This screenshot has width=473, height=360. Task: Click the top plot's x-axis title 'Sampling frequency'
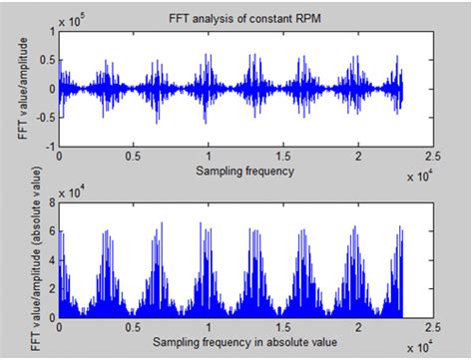click(x=245, y=171)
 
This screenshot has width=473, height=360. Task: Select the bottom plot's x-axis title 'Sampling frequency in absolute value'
click(x=245, y=342)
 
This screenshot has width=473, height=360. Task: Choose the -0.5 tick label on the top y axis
click(x=44, y=117)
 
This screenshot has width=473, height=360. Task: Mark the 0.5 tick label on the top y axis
click(x=46, y=60)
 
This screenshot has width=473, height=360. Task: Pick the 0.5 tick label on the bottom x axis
click(x=133, y=327)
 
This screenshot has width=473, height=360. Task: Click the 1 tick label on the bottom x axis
click(x=209, y=327)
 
